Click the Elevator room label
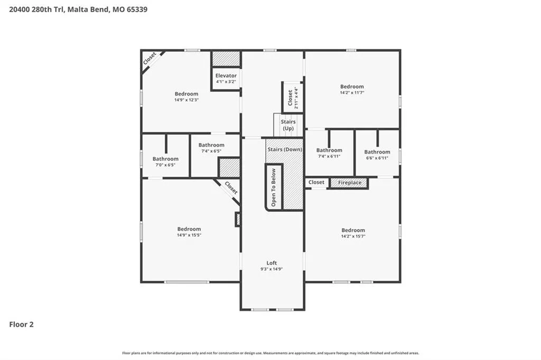pyautogui.click(x=226, y=75)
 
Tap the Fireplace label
pyautogui.click(x=350, y=183)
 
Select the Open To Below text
pyautogui.click(x=274, y=187)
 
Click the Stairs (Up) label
pyautogui.click(x=288, y=125)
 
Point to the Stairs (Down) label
pyautogui.click(x=285, y=149)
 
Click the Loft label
pyautogui.click(x=272, y=263)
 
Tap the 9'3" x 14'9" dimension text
pyautogui.click(x=272, y=269)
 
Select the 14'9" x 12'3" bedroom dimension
pyautogui.click(x=186, y=100)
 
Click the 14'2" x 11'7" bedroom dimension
pyautogui.click(x=352, y=93)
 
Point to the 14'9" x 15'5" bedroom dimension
pyautogui.click(x=189, y=235)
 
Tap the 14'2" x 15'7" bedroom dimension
pyautogui.click(x=353, y=236)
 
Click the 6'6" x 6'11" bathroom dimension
pyautogui.click(x=377, y=158)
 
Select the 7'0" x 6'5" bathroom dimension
pyautogui.click(x=165, y=165)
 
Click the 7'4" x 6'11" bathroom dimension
pyautogui.click(x=329, y=156)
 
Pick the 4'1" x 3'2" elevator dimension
pyautogui.click(x=226, y=82)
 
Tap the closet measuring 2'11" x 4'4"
pyautogui.click(x=293, y=98)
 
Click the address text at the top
pyautogui.click(x=78, y=10)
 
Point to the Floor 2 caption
pyautogui.click(x=21, y=325)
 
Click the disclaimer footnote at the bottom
pyautogui.click(x=270, y=353)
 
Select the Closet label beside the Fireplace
pyautogui.click(x=316, y=183)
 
